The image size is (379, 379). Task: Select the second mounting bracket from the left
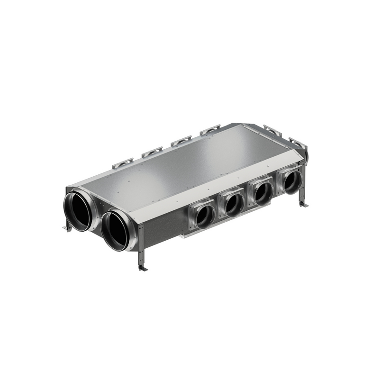152,152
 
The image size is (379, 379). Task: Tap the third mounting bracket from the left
181,140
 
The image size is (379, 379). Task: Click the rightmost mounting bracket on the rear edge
298,143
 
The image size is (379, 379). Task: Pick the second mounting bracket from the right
272,130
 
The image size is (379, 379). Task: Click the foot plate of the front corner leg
143,268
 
